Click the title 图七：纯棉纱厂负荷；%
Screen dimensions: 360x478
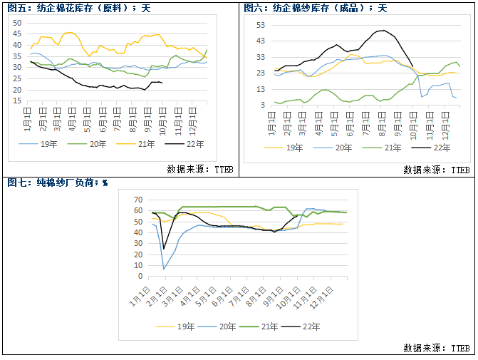pyautogui.click(x=57, y=182)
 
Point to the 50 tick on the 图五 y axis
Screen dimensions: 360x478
pyautogui.click(x=18, y=22)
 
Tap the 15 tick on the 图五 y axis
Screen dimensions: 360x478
pyautogui.click(x=18, y=101)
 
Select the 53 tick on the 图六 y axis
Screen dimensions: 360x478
pyautogui.click(x=260, y=25)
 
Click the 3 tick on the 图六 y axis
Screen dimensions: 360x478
pyautogui.click(x=263, y=105)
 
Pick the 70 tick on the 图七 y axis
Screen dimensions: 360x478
pyautogui.click(x=137, y=199)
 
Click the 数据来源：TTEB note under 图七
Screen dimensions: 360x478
pyautogui.click(x=436, y=349)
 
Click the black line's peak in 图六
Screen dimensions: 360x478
pyautogui.click(x=384, y=31)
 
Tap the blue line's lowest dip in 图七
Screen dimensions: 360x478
pyautogui.click(x=165, y=269)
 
